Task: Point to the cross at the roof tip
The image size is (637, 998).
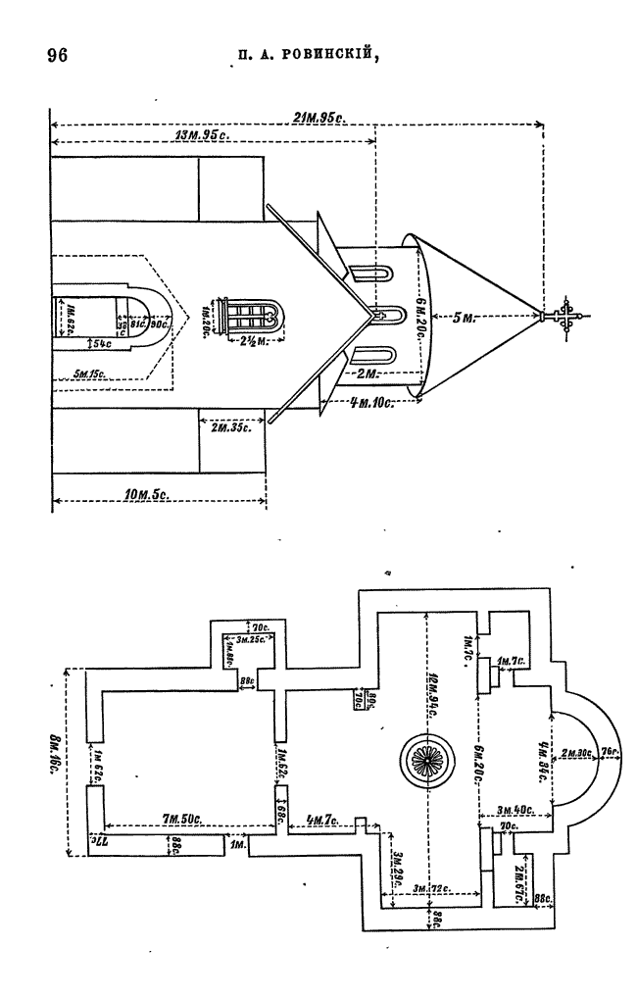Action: (566, 317)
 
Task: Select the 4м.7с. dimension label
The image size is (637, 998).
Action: (321, 818)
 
